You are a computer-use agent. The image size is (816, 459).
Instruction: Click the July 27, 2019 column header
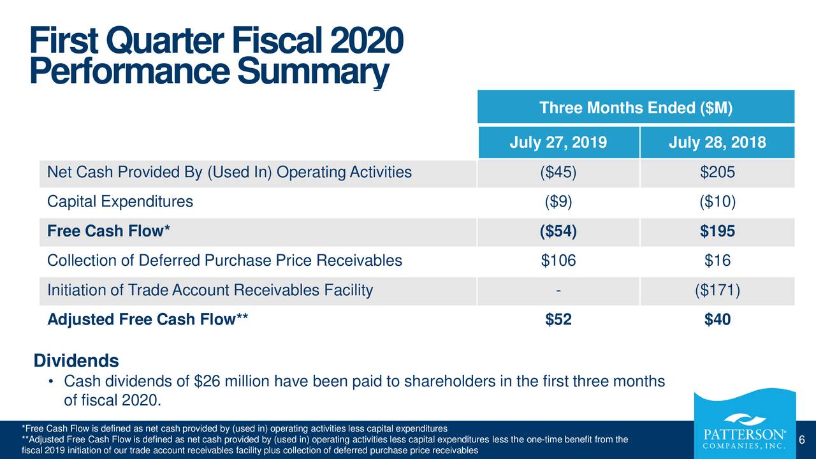(x=558, y=142)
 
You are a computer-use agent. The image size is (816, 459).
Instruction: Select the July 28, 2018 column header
(x=717, y=142)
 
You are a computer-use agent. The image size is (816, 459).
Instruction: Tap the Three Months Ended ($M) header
(x=636, y=108)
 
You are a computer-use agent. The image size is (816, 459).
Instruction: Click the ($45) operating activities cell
(x=558, y=172)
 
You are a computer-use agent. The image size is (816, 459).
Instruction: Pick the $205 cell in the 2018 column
(x=717, y=172)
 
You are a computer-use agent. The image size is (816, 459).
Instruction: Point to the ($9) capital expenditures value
(x=558, y=202)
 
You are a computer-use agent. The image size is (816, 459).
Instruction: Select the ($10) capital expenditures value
(x=717, y=202)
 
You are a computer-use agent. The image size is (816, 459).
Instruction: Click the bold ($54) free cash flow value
(x=558, y=232)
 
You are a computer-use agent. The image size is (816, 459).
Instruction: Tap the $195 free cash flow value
(x=717, y=232)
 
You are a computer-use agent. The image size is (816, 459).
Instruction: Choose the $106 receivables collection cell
(x=558, y=261)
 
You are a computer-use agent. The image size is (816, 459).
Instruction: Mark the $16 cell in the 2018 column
(x=717, y=261)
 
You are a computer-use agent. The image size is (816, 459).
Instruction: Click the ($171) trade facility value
(x=717, y=291)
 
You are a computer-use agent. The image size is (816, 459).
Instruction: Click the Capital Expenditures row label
(x=120, y=202)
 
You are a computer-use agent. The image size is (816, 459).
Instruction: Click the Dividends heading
(x=76, y=361)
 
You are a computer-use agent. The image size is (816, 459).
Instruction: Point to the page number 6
(x=802, y=440)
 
